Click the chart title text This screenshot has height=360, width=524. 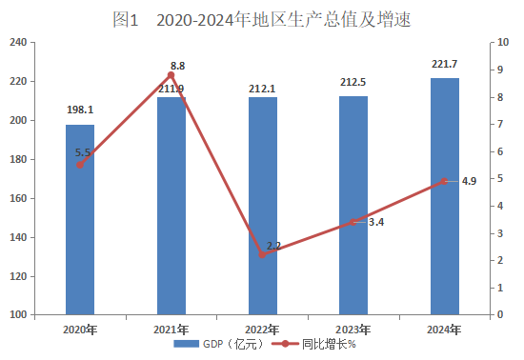click(x=261, y=19)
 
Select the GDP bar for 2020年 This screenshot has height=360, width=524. click(x=80, y=219)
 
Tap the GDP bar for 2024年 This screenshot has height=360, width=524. click(x=445, y=196)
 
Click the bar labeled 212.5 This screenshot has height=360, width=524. click(x=353, y=206)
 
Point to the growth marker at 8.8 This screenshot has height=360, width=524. click(x=171, y=75)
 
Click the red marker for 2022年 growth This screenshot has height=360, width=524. click(x=262, y=255)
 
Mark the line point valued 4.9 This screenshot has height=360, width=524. click(x=444, y=181)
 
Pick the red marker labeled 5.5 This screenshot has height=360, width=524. click(x=80, y=165)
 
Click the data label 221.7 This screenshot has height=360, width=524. click(x=444, y=64)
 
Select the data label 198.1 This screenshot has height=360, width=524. click(x=80, y=110)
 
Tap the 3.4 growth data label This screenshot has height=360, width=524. click(x=376, y=222)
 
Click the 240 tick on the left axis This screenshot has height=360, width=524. click(x=18, y=43)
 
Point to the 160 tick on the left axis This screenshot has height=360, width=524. click(x=18, y=198)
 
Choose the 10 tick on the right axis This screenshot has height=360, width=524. click(x=503, y=42)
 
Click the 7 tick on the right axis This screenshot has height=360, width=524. click(x=500, y=124)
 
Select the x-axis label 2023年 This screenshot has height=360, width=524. click(x=353, y=330)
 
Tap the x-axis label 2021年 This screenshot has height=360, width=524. click(x=171, y=330)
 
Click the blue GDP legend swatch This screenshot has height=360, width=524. click(x=186, y=344)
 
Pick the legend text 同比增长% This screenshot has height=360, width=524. click(x=329, y=344)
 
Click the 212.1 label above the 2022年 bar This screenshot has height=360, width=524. click(x=262, y=89)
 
